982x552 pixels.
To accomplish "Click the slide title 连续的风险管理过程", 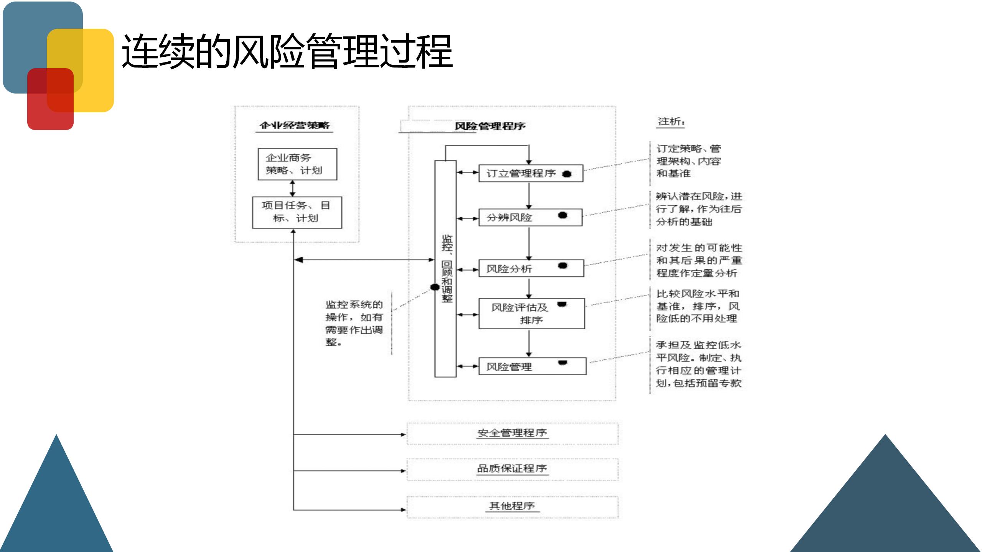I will pyautogui.click(x=287, y=51).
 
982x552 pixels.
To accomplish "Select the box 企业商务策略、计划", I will pyautogui.click(x=297, y=164).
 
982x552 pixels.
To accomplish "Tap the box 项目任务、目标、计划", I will pyautogui.click(x=297, y=212).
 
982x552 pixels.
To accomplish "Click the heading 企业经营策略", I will pyautogui.click(x=294, y=125).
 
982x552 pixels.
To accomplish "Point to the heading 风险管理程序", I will pyautogui.click(x=490, y=126).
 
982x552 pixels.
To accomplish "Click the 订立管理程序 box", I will pyautogui.click(x=531, y=173).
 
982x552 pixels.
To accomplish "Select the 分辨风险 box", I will pyautogui.click(x=530, y=217).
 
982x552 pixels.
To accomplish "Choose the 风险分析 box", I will pyautogui.click(x=531, y=268).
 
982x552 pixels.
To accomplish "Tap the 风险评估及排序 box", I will pyautogui.click(x=531, y=314).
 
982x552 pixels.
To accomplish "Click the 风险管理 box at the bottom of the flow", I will pyautogui.click(x=532, y=366).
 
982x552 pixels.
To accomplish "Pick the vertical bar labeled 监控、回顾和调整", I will pyautogui.click(x=445, y=268).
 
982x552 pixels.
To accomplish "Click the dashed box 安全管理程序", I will pyautogui.click(x=512, y=433).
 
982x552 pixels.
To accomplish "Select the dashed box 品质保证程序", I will pyautogui.click(x=512, y=469).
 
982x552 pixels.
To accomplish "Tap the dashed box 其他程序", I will pyautogui.click(x=512, y=506).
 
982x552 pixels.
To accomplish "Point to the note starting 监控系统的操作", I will pyautogui.click(x=354, y=323).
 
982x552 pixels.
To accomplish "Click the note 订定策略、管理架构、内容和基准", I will pyautogui.click(x=689, y=161).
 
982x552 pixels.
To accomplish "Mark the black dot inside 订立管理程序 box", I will pyautogui.click(x=567, y=174).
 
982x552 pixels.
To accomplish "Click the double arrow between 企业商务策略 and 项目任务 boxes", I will pyautogui.click(x=293, y=188).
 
